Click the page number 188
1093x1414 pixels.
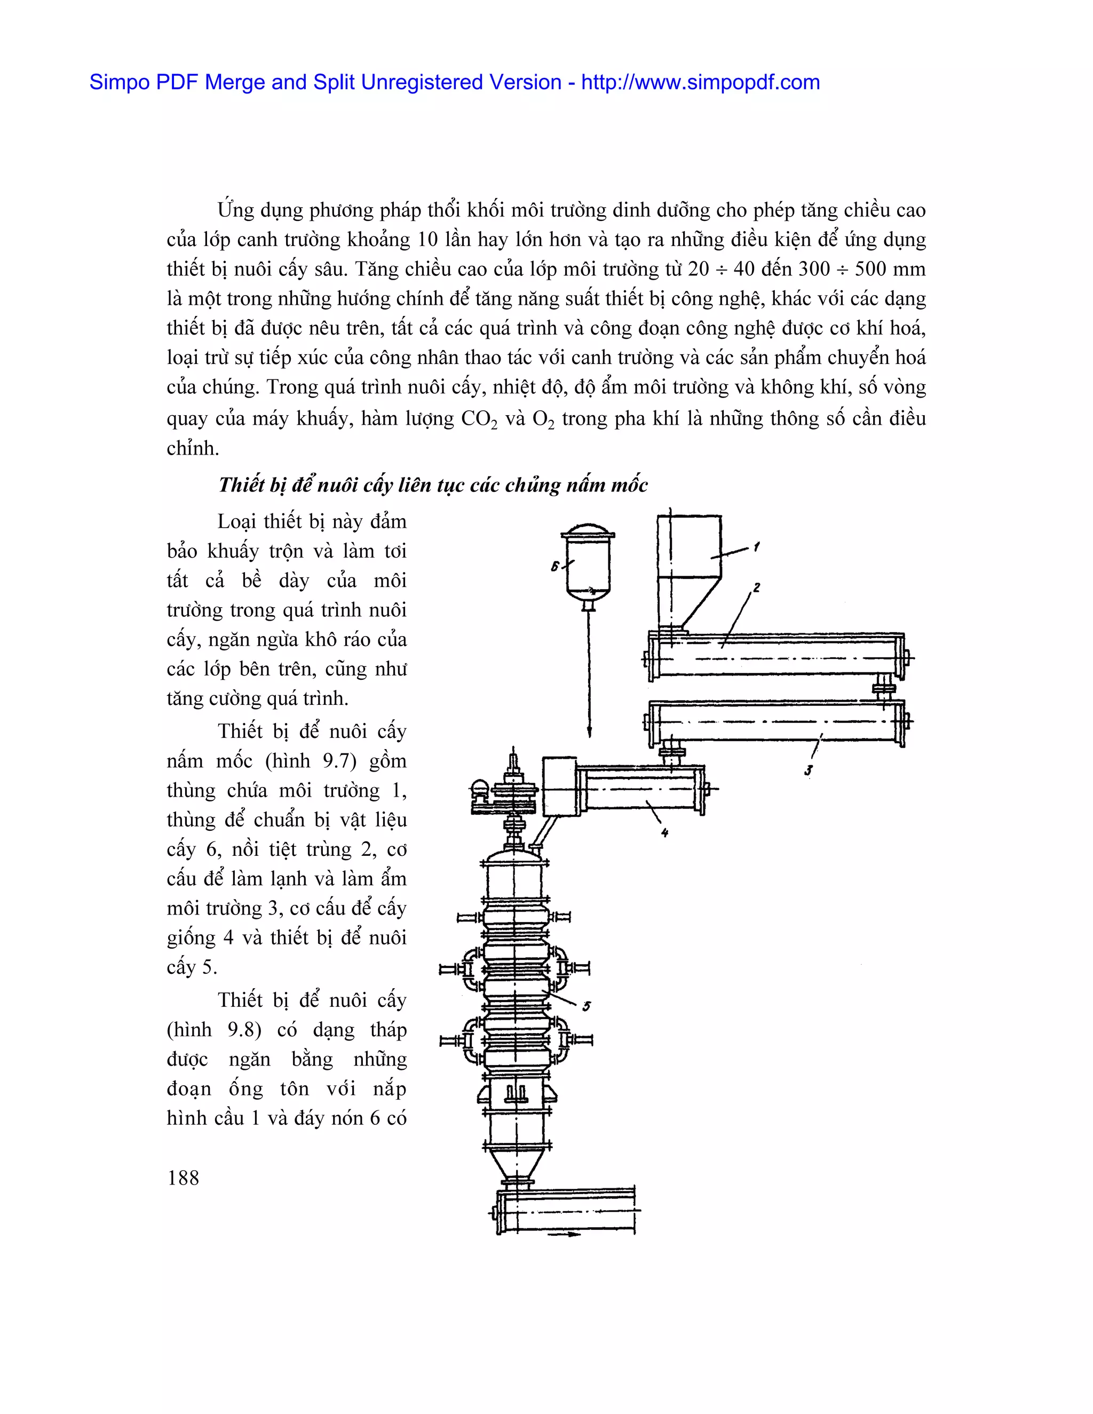click(x=183, y=1178)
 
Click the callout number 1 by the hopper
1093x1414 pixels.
click(x=756, y=547)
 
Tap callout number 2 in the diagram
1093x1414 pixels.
click(x=756, y=588)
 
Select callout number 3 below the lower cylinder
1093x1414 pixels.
click(x=808, y=770)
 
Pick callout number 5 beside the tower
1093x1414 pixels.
click(x=586, y=1006)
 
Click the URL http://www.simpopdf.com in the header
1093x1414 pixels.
click(x=700, y=82)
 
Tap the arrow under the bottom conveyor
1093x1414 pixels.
click(x=565, y=1235)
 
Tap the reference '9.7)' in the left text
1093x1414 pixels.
click(x=339, y=761)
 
